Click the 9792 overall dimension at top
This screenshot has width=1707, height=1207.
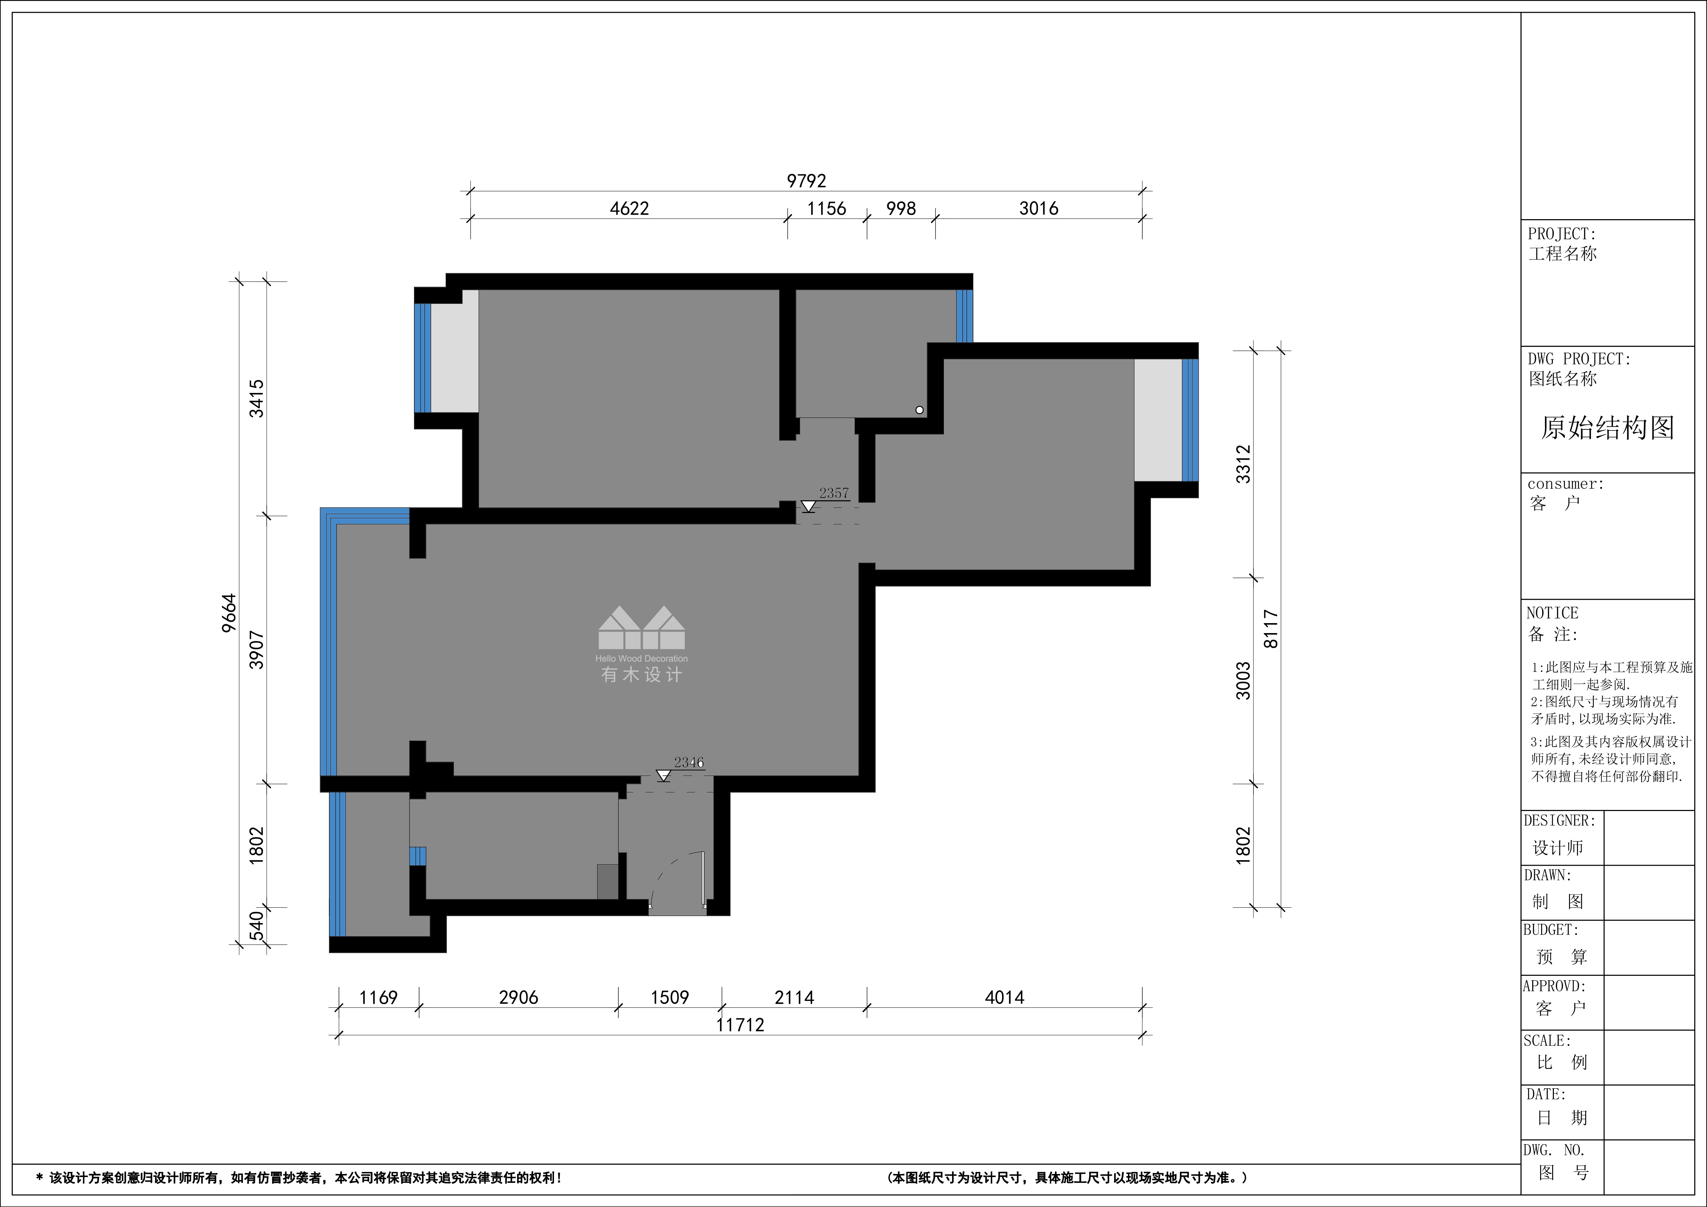(807, 181)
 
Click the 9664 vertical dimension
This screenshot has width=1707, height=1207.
(230, 613)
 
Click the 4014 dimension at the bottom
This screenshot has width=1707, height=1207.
(1004, 997)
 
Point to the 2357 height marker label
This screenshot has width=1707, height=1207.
(833, 493)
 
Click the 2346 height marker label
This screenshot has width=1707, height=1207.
(689, 762)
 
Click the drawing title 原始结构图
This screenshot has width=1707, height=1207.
(1607, 428)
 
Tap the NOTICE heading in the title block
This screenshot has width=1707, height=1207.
(1553, 613)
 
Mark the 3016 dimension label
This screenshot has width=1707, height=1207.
(1039, 209)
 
